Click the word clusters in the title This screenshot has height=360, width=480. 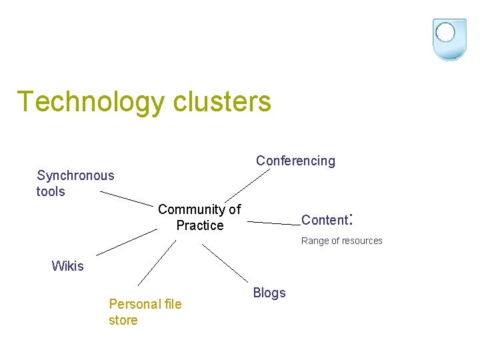(x=222, y=102)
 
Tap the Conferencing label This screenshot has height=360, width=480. (x=295, y=161)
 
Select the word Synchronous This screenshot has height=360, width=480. (x=75, y=175)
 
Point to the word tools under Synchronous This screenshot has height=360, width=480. (x=51, y=191)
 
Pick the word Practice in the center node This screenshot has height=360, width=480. (x=200, y=225)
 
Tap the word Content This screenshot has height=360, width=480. (x=325, y=220)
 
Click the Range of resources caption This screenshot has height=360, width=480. (x=341, y=241)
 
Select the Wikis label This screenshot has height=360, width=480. (x=67, y=266)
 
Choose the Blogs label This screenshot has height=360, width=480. (x=269, y=293)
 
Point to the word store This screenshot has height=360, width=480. (x=123, y=320)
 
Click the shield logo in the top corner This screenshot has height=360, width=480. (x=449, y=39)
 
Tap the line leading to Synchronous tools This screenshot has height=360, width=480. (x=127, y=198)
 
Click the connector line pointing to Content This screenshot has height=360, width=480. (x=273, y=223)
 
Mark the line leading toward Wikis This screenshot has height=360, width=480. (x=127, y=243)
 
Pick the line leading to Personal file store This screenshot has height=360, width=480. (x=157, y=263)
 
